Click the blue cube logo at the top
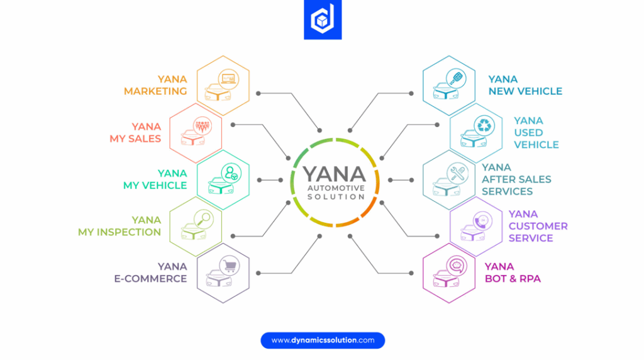(x=322, y=20)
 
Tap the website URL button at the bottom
(x=322, y=340)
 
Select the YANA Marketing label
(x=155, y=85)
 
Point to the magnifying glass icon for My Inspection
(x=204, y=220)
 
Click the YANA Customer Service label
(x=538, y=226)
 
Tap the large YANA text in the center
(x=333, y=173)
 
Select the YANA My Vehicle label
(x=155, y=179)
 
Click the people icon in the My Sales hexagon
(x=201, y=125)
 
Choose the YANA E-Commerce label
(x=150, y=273)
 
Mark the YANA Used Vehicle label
(x=536, y=133)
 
